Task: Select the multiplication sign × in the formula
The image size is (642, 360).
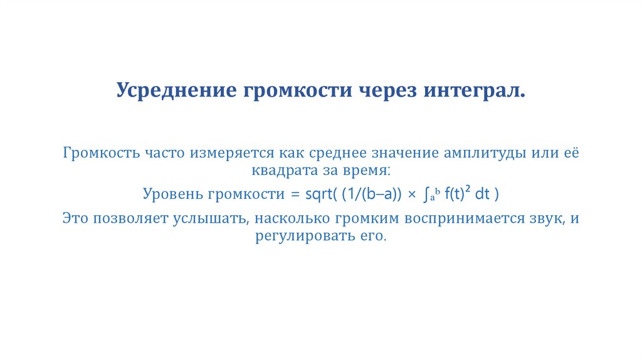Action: point(412,195)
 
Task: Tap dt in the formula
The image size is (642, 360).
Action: point(482,194)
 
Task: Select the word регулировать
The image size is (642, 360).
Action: point(295,236)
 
